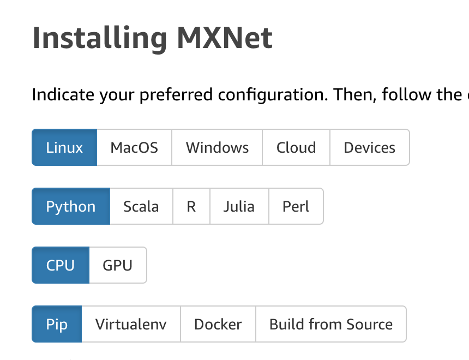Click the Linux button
pyautogui.click(x=64, y=147)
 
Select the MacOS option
pyautogui.click(x=134, y=147)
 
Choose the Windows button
pyautogui.click(x=217, y=147)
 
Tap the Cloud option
pyautogui.click(x=296, y=147)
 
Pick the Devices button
pyautogui.click(x=369, y=147)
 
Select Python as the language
pyautogui.click(x=71, y=206)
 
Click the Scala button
pyautogui.click(x=141, y=206)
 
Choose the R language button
pyautogui.click(x=191, y=206)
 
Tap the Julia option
pyautogui.click(x=239, y=206)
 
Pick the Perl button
pyautogui.click(x=296, y=206)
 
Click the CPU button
pyautogui.click(x=61, y=265)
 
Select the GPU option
pyautogui.click(x=118, y=265)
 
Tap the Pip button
pyautogui.click(x=57, y=324)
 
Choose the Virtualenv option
pyautogui.click(x=131, y=324)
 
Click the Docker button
pyautogui.click(x=218, y=324)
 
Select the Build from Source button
pyautogui.click(x=331, y=324)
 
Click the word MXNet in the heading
pyautogui.click(x=225, y=38)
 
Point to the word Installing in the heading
pyautogui.click(x=100, y=38)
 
